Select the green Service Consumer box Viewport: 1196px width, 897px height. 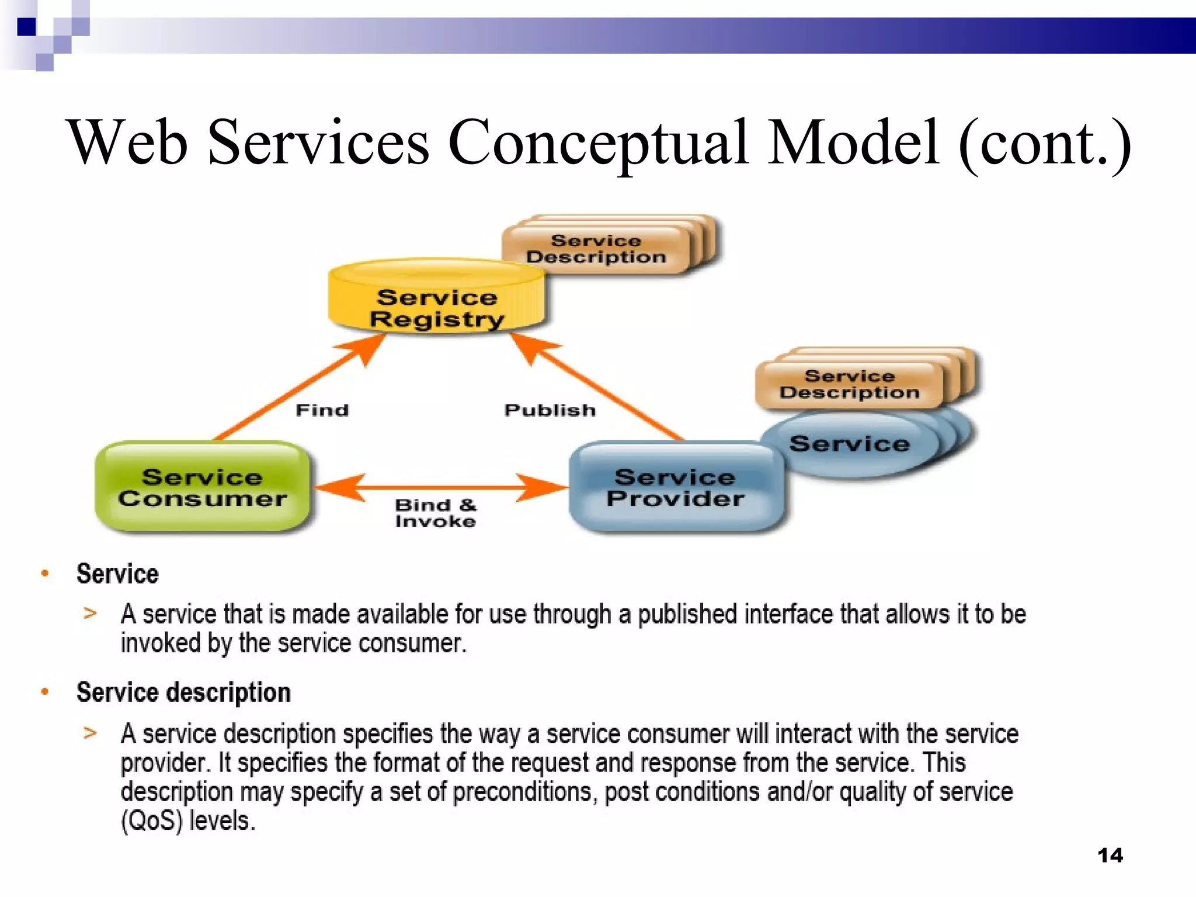click(x=202, y=488)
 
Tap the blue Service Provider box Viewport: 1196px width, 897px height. click(x=676, y=488)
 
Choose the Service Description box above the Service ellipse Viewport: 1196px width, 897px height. click(x=849, y=384)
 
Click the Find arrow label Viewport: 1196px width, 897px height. click(x=322, y=410)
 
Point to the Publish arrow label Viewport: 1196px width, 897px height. click(x=550, y=410)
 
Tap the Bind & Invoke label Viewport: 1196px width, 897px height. click(x=435, y=513)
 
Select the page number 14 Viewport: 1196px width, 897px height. click(x=1110, y=856)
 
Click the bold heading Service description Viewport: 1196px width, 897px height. click(x=183, y=693)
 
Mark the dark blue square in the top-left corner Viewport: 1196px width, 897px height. click(x=26, y=27)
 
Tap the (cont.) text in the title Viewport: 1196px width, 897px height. click(x=1044, y=143)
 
